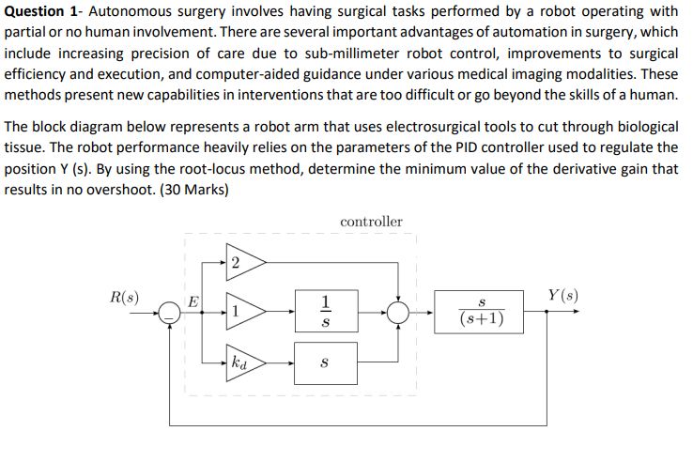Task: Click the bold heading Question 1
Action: click(x=42, y=11)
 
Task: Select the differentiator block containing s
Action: click(x=325, y=362)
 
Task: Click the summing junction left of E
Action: click(x=169, y=312)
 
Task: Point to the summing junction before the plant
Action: click(x=400, y=312)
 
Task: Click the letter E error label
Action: click(x=193, y=302)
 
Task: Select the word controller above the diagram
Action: click(x=371, y=222)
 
